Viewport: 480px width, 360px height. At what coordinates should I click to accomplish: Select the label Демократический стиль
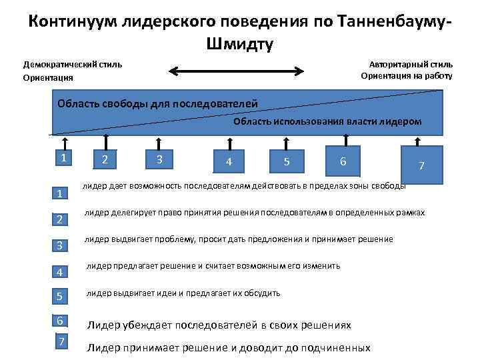(x=73, y=65)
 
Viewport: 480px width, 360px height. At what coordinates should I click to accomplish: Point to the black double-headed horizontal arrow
(x=237, y=70)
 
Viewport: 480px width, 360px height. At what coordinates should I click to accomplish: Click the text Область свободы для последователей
(x=157, y=103)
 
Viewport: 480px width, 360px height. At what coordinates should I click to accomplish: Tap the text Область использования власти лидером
(x=327, y=121)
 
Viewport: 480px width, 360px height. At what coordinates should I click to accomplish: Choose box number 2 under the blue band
(x=105, y=160)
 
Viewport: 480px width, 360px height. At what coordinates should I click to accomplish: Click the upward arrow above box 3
(x=159, y=142)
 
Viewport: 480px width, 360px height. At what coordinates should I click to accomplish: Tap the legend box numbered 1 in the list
(x=60, y=194)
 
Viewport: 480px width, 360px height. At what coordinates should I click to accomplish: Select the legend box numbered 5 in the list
(x=60, y=296)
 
